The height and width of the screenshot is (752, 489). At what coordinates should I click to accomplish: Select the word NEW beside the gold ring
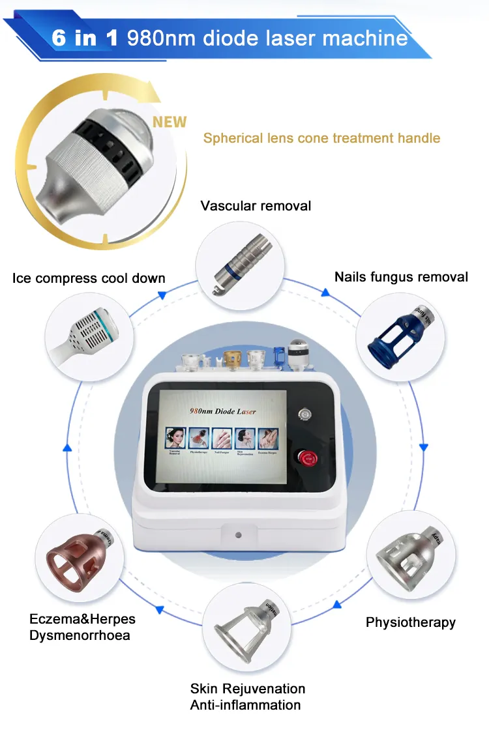tap(169, 122)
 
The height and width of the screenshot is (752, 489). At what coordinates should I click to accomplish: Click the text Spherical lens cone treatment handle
tap(321, 138)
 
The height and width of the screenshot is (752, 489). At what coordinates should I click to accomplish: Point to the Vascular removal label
tap(256, 206)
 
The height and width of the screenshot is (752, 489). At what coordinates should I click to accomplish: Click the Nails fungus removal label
tap(401, 277)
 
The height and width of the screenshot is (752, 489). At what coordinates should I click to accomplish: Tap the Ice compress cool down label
tap(89, 278)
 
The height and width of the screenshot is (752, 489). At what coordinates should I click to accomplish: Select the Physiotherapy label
tap(410, 622)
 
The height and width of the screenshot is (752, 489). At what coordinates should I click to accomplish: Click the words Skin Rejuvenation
tap(247, 689)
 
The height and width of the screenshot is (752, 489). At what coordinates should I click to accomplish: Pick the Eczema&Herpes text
tap(82, 618)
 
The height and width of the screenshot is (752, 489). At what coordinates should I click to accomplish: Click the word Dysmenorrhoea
tap(80, 635)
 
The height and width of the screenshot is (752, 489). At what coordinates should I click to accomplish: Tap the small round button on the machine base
tap(237, 534)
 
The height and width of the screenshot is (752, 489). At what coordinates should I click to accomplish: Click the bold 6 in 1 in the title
tap(85, 37)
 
